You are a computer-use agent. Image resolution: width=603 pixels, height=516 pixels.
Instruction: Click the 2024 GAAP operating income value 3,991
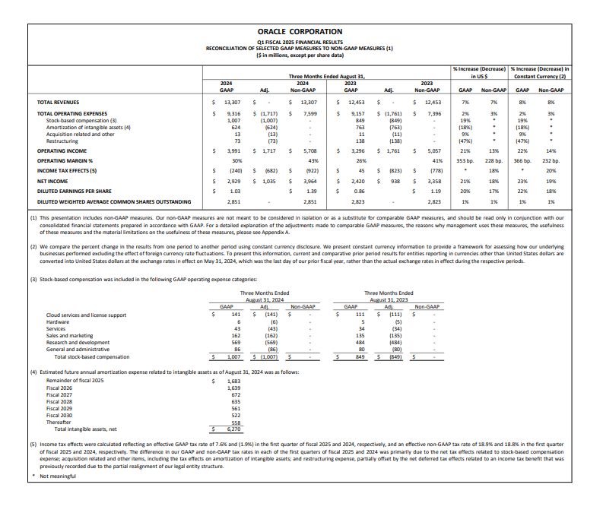tap(233, 150)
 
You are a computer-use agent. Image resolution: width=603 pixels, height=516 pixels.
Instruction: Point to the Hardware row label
tap(59, 321)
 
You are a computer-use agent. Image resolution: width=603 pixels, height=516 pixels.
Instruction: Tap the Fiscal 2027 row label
tap(59, 394)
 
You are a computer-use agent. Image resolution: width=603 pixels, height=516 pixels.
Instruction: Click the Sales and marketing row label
tap(70, 335)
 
